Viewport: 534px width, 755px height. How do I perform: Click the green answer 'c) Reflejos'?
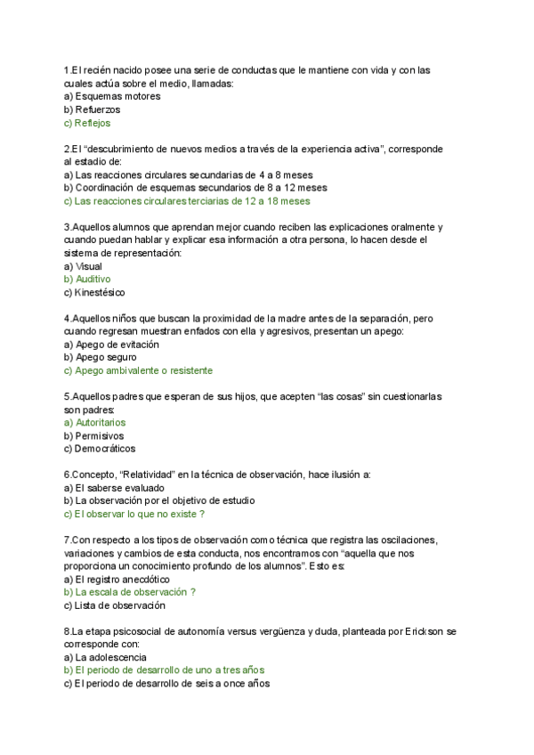(x=87, y=123)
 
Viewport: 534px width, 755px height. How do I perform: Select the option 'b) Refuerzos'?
(x=92, y=110)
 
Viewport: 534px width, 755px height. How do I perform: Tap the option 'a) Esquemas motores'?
(x=112, y=96)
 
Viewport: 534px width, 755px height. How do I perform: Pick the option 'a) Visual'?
(x=83, y=266)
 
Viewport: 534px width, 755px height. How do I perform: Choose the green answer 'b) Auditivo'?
(x=87, y=279)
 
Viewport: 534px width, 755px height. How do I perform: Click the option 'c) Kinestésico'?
(x=94, y=292)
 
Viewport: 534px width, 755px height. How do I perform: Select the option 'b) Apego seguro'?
(x=100, y=357)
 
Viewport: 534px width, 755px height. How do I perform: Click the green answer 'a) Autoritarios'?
(x=95, y=422)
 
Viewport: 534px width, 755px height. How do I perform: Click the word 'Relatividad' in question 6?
(x=146, y=475)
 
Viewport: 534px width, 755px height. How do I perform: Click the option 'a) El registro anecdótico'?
(x=117, y=579)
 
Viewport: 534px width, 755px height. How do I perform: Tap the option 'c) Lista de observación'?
(x=115, y=605)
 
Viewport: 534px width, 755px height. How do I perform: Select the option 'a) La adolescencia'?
(x=105, y=656)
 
